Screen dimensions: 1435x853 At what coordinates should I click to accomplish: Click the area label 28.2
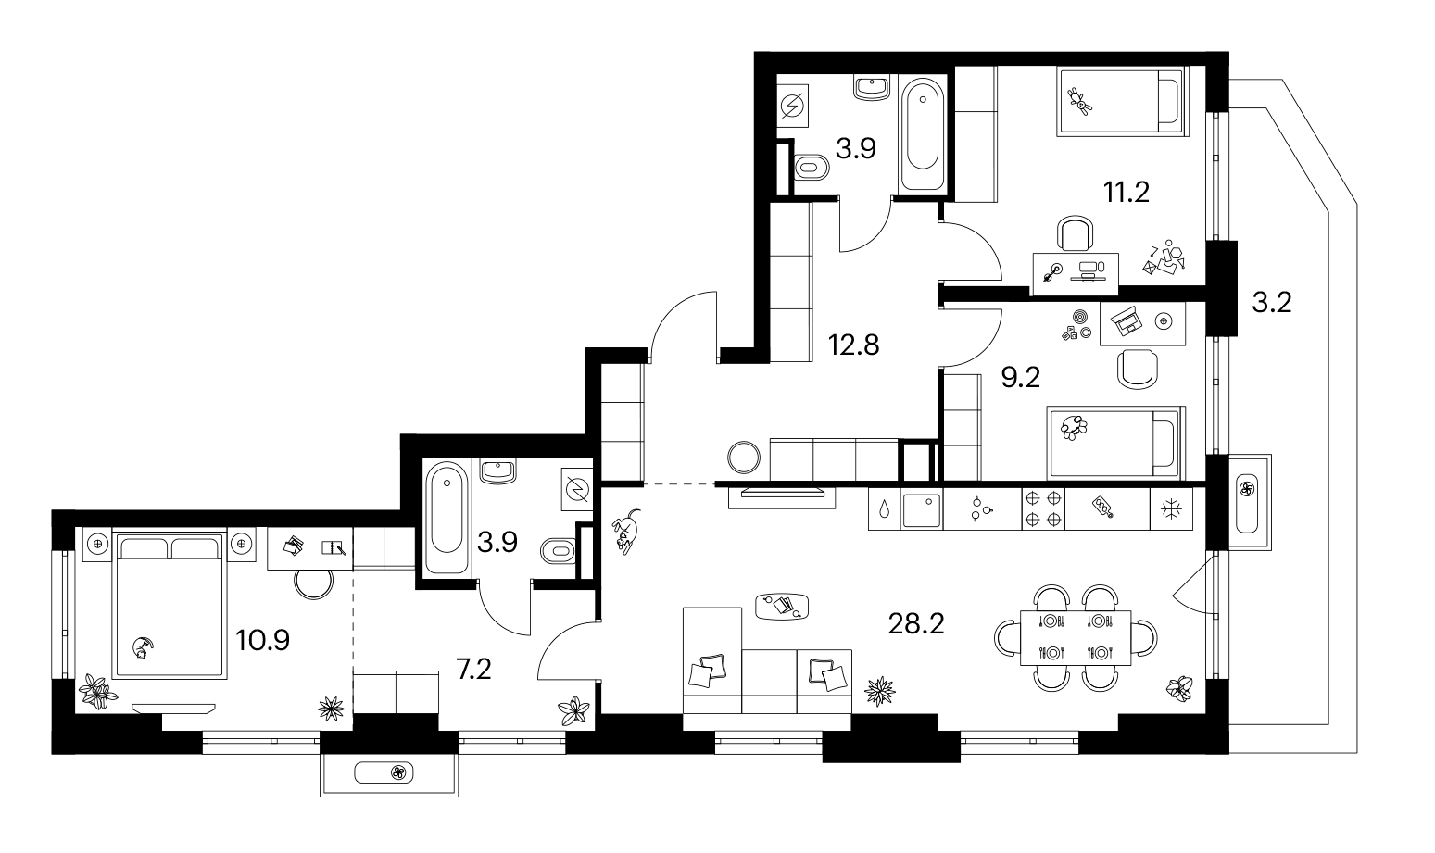(916, 623)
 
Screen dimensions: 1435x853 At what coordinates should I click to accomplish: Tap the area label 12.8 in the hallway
(854, 345)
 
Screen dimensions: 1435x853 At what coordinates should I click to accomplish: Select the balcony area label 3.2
(1272, 302)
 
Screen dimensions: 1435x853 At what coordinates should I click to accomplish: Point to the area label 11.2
(1127, 192)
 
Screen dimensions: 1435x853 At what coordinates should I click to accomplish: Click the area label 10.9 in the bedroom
(263, 640)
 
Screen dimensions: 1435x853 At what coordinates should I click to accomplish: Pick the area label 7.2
(473, 670)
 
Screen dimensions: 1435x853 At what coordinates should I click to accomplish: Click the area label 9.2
(1021, 378)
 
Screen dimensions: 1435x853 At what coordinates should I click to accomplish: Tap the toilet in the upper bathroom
(811, 169)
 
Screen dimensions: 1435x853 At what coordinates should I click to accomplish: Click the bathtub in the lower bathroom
(447, 517)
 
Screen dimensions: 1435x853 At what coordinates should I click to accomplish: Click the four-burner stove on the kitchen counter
(1043, 509)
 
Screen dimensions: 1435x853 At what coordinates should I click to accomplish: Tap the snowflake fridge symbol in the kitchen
(1172, 509)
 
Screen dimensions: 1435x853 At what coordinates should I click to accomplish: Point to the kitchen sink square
(922, 509)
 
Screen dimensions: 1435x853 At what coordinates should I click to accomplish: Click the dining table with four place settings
(1076, 638)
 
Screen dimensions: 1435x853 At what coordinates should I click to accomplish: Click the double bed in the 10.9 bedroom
(170, 603)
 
